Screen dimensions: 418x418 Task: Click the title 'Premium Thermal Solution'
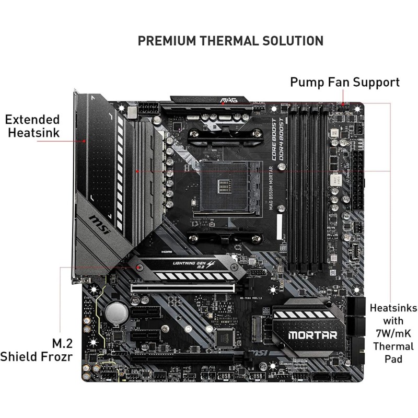230,40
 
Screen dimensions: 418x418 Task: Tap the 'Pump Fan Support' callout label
345,82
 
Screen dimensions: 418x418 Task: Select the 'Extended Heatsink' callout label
32,126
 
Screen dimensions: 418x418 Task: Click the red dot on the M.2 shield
139,268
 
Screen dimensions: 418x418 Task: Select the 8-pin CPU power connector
147,112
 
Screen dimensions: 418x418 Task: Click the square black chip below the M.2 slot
226,339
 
